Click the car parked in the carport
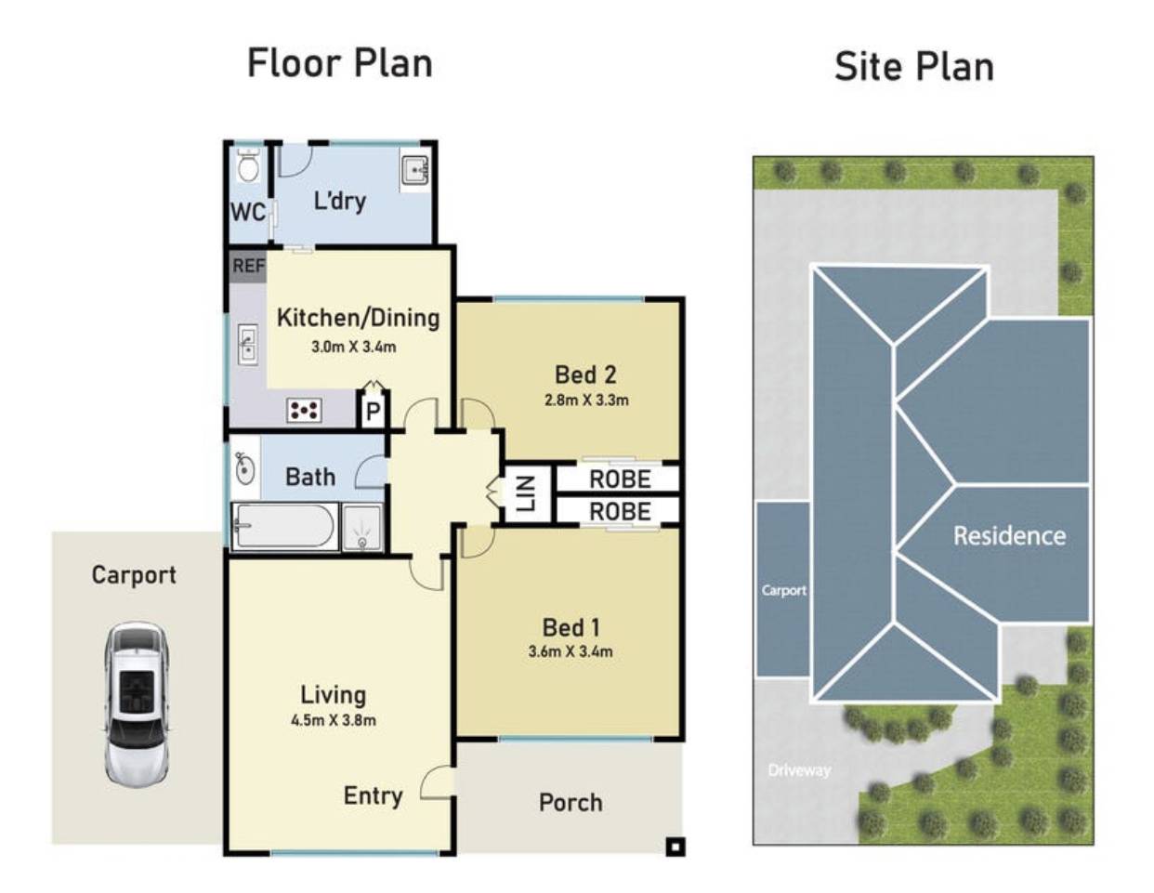coord(137,703)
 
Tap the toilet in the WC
coord(248,165)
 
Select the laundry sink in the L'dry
coord(414,170)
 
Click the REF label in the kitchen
coord(248,266)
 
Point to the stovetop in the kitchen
coord(304,410)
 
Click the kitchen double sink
coord(247,344)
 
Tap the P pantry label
coord(374,412)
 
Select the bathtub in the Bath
coord(284,526)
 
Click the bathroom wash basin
coord(244,468)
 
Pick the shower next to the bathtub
coord(362,527)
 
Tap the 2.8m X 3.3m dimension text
coord(586,400)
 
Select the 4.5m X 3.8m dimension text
coord(334,720)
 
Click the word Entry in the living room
coord(373,795)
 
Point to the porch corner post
coord(675,847)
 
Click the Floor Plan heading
coord(340,64)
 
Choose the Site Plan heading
coord(914,67)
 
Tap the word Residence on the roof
coord(1010,535)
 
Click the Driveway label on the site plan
coord(799,769)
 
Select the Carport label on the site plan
coord(784,590)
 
